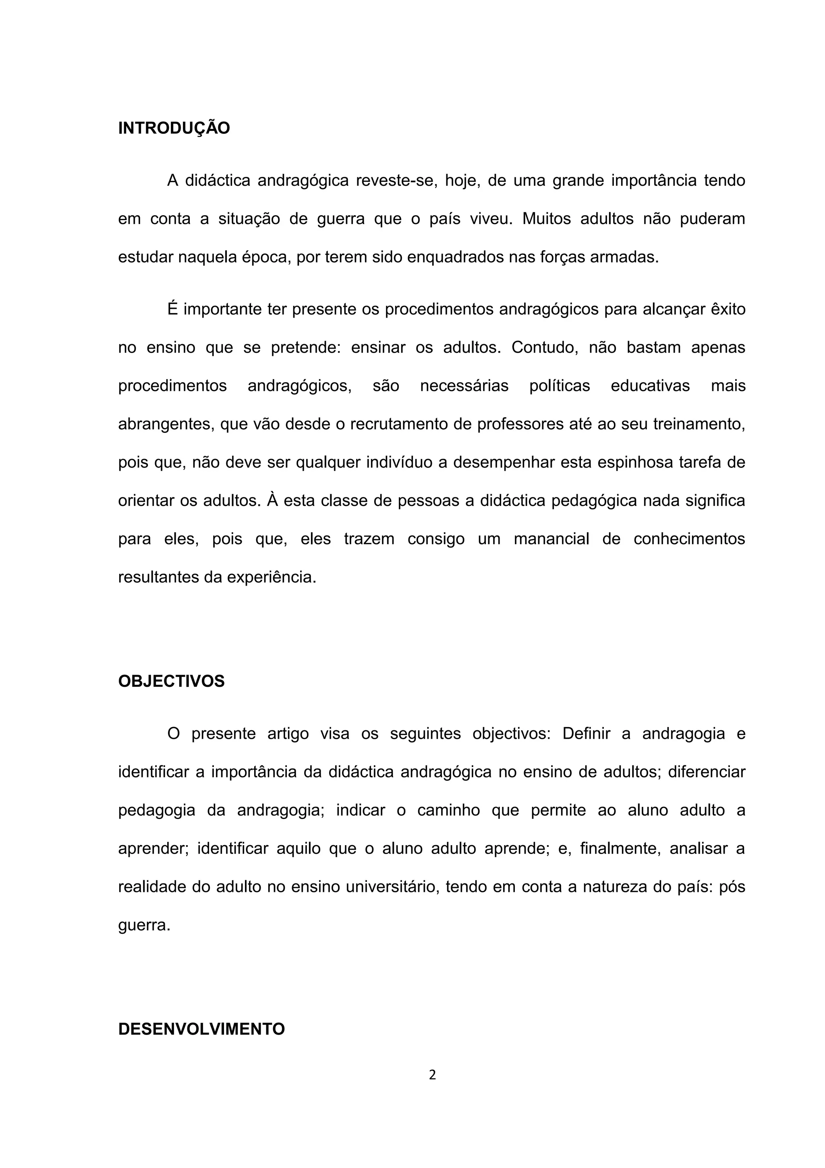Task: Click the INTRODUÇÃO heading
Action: click(174, 128)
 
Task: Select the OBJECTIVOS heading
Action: click(171, 681)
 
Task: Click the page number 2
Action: click(433, 1075)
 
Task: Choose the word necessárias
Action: click(464, 386)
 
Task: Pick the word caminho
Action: click(448, 810)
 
